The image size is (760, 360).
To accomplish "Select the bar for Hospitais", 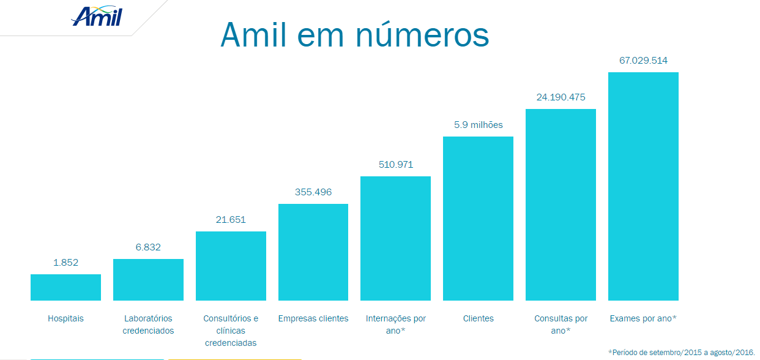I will pyautogui.click(x=65, y=287).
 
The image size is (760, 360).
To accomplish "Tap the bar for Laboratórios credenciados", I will pyautogui.click(x=148, y=280).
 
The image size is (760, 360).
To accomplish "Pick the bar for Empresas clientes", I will pyautogui.click(x=313, y=252).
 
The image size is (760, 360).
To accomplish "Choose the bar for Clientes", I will pyautogui.click(x=478, y=219).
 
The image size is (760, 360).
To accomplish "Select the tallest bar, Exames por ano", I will pyautogui.click(x=643, y=187).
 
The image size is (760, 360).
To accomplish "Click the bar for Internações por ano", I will pyautogui.click(x=395, y=239).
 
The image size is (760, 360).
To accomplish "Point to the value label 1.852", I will pyautogui.click(x=65, y=263).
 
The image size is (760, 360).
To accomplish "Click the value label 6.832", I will pyautogui.click(x=148, y=247).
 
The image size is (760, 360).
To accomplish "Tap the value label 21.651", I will pyautogui.click(x=231, y=220).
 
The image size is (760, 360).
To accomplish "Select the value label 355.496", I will pyautogui.click(x=313, y=192).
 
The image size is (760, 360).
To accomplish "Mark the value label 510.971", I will pyautogui.click(x=396, y=165).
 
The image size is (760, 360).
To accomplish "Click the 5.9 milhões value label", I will pyautogui.click(x=479, y=125).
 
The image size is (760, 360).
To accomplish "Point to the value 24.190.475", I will pyautogui.click(x=561, y=97).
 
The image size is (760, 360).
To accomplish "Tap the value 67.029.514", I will pyautogui.click(x=643, y=61).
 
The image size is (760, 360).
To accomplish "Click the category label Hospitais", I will pyautogui.click(x=65, y=318).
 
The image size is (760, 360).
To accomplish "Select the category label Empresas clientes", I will pyautogui.click(x=313, y=318).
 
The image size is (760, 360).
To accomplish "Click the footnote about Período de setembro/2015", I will pyautogui.click(x=681, y=352).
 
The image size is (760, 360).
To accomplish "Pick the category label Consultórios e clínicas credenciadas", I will pyautogui.click(x=231, y=331).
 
